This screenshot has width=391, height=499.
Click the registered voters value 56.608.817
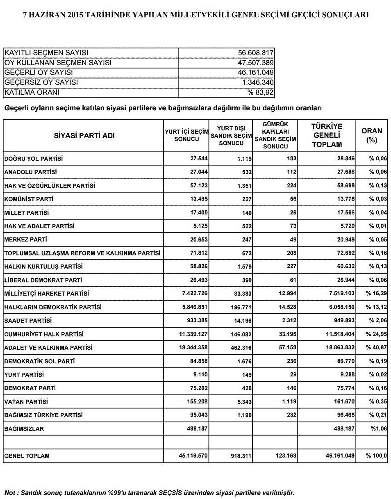coord(256,53)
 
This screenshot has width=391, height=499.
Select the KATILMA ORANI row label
coord(32,92)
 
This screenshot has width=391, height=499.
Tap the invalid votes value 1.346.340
coord(257,82)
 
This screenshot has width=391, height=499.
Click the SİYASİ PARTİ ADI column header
coord(84,136)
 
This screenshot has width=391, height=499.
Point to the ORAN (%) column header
coord(372,135)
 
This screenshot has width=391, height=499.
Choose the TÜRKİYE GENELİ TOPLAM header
coord(327,135)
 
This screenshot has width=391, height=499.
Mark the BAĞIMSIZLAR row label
coord(24,429)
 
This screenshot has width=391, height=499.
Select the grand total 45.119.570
coord(193,456)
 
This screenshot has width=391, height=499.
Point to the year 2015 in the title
coord(68,15)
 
